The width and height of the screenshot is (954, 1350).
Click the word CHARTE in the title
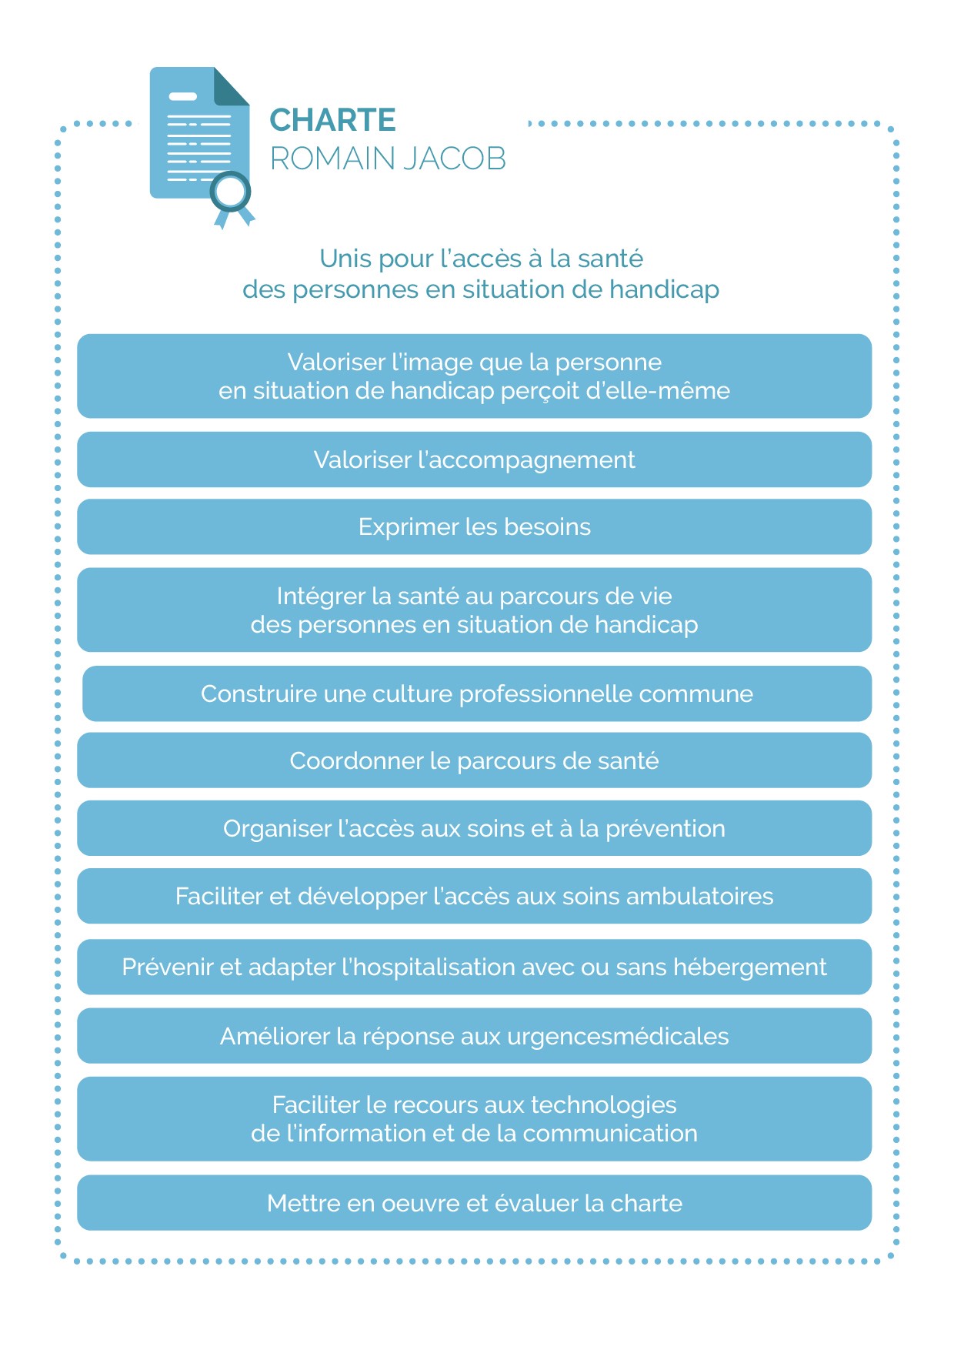coord(332,121)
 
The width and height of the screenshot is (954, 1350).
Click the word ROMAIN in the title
coord(332,159)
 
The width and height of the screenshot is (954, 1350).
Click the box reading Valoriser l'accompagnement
coord(474,459)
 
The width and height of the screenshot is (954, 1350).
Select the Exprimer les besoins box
coord(474,527)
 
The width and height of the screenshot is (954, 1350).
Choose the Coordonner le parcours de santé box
coord(474,760)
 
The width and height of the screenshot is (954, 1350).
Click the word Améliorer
coord(275,1037)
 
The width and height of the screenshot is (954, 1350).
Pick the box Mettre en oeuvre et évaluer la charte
coord(474,1203)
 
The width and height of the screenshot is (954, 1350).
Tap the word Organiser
coord(277,829)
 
